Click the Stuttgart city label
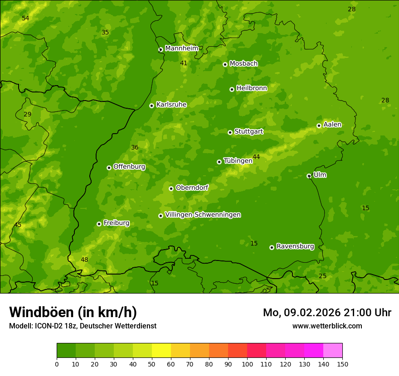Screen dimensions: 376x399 tap(248, 132)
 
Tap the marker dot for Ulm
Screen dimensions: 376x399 tap(309, 176)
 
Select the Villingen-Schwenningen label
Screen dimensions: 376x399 tap(203, 215)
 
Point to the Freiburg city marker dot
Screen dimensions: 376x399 tap(99, 224)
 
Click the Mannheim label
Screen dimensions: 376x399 tap(181, 48)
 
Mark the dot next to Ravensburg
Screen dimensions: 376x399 tap(272, 247)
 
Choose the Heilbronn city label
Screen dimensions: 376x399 tap(252, 88)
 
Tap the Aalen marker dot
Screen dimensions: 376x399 tap(319, 125)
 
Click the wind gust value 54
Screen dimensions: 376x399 tap(25, 18)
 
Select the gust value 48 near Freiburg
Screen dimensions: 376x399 tap(84, 260)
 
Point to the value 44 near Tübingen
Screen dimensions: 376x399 tap(256, 157)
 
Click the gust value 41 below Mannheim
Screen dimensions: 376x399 tap(184, 63)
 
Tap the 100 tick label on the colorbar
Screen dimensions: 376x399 tap(247, 364)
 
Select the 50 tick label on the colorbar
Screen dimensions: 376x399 tap(152, 364)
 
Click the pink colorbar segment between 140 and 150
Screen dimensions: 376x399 tap(333, 351)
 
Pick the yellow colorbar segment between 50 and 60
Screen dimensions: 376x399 tap(161, 351)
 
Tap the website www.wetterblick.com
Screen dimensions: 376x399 tap(327, 326)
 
